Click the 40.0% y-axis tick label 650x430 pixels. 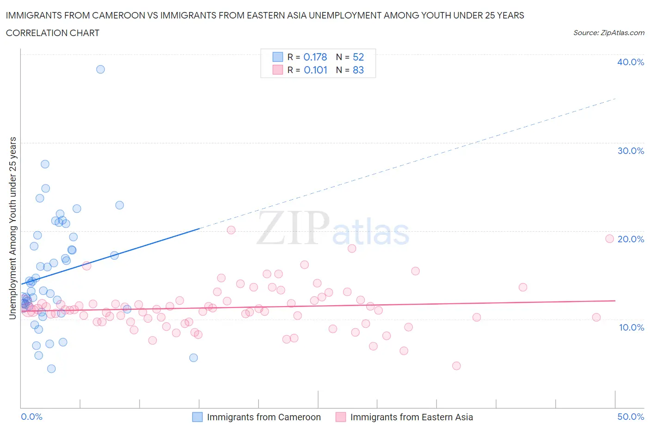tap(630, 62)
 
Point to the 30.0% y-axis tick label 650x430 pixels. tap(630, 151)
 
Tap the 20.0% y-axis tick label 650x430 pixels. tap(630, 239)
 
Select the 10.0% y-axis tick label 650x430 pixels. tap(630, 327)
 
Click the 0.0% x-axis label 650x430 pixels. tap(31, 417)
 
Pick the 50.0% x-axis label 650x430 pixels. tap(630, 417)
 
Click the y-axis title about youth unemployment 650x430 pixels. tap(13, 228)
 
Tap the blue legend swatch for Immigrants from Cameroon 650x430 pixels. tap(197, 417)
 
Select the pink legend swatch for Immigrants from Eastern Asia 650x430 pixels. tap(341, 417)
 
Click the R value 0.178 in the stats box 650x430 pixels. tap(315, 57)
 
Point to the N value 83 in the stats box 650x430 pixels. tap(358, 70)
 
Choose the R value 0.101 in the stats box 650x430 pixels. tap(315, 70)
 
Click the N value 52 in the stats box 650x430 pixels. tap(358, 57)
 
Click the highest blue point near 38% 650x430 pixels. tap(100, 69)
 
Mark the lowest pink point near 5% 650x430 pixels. tap(456, 366)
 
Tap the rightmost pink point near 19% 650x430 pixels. tap(609, 239)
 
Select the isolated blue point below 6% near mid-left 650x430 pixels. tap(194, 357)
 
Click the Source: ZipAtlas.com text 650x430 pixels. tap(608, 33)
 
